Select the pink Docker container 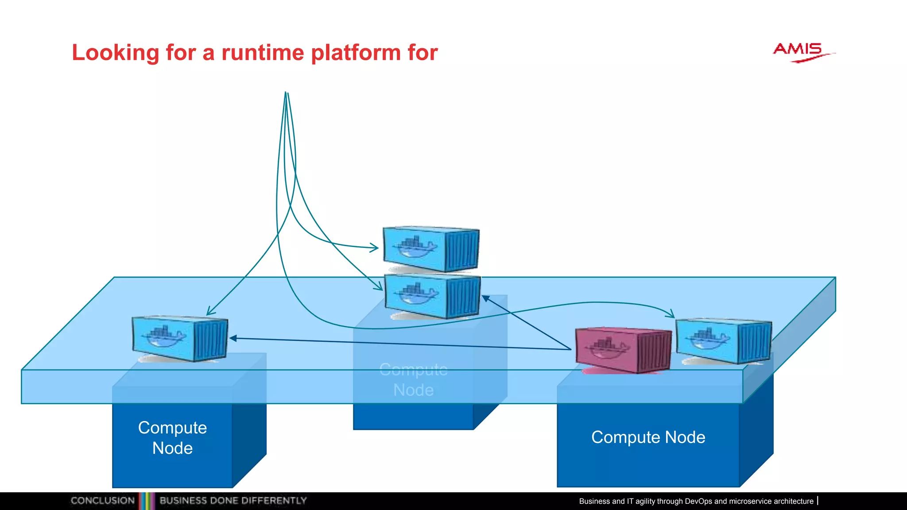click(x=623, y=350)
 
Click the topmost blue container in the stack click(x=431, y=249)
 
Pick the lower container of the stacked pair click(x=432, y=296)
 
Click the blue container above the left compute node click(x=180, y=339)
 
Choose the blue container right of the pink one click(x=724, y=341)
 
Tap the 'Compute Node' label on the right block click(x=648, y=437)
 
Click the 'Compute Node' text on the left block click(x=172, y=438)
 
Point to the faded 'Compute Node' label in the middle click(x=413, y=380)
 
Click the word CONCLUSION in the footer click(x=102, y=501)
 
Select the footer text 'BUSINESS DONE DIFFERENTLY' click(x=233, y=501)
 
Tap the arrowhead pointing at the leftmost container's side click(x=232, y=338)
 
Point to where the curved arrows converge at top click(x=286, y=94)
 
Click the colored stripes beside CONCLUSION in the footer click(x=147, y=501)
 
